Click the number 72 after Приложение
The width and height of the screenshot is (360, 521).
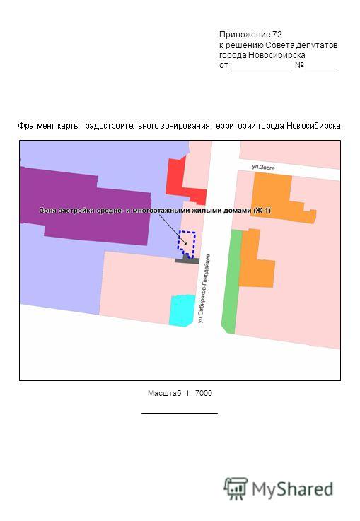click(x=277, y=35)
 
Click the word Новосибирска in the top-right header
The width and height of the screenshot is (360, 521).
click(x=277, y=55)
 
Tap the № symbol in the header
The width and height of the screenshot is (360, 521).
click(x=299, y=65)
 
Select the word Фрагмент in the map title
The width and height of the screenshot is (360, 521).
click(x=36, y=126)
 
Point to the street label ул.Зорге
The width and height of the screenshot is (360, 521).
click(x=263, y=167)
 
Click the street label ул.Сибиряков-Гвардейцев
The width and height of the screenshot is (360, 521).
click(x=204, y=288)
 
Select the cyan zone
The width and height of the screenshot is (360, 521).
click(x=182, y=310)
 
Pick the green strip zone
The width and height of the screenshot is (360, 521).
click(x=232, y=281)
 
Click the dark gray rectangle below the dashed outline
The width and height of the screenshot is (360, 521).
click(x=187, y=260)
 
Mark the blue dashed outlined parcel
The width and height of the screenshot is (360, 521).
click(x=186, y=244)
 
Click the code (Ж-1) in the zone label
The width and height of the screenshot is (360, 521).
click(x=262, y=211)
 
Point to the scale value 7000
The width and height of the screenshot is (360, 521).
click(x=204, y=393)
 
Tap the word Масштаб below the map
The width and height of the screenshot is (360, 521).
click(x=165, y=394)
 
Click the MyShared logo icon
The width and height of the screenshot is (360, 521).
click(x=236, y=488)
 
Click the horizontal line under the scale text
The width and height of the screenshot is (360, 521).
click(x=180, y=413)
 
